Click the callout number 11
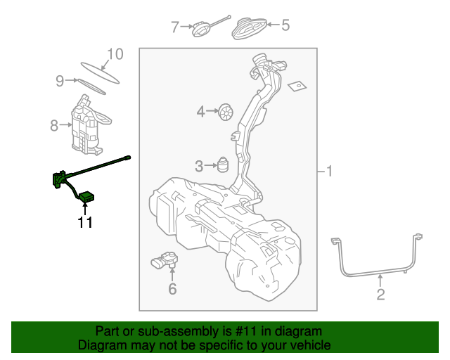(85, 223)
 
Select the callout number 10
(115, 54)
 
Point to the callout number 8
(54, 126)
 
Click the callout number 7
(176, 27)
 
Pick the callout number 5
(285, 26)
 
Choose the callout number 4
(200, 111)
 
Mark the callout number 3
(199, 166)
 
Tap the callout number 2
(380, 295)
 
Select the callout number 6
(172, 288)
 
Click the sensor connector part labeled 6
(167, 262)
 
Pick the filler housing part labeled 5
(247, 27)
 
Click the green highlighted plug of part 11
(86, 196)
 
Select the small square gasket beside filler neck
(297, 86)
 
